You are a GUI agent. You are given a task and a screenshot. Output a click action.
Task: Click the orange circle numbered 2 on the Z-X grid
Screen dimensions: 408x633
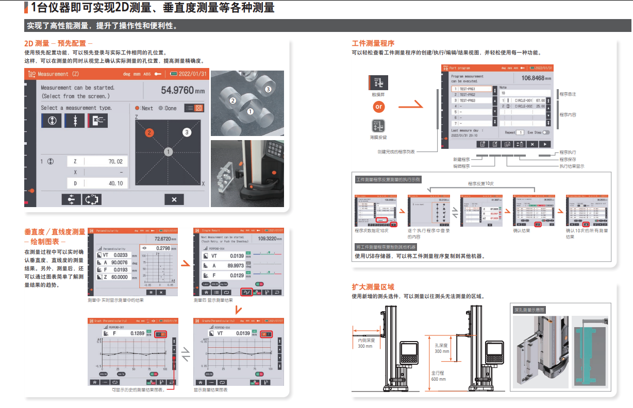pyautogui.click(x=149, y=133)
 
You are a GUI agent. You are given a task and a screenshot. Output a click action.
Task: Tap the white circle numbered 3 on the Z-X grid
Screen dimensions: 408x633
pyautogui.click(x=187, y=132)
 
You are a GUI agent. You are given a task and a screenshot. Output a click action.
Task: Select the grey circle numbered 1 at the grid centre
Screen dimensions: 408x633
pyautogui.click(x=168, y=151)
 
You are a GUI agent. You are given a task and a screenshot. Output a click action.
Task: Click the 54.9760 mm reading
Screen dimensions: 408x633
pyautogui.click(x=182, y=90)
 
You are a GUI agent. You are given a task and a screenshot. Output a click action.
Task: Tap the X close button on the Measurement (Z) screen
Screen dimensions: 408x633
pyautogui.click(x=174, y=200)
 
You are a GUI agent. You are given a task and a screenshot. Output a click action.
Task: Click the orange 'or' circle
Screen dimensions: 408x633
pyautogui.click(x=379, y=107)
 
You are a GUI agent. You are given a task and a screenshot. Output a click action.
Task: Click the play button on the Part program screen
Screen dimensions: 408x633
pyautogui.click(x=545, y=144)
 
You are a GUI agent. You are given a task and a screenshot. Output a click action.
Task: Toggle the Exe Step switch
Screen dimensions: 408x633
pyautogui.click(x=546, y=132)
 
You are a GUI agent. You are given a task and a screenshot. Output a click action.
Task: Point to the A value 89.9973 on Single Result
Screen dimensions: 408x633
pyautogui.click(x=235, y=266)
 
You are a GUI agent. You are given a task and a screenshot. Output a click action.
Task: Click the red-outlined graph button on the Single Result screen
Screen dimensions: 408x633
pyautogui.click(x=246, y=292)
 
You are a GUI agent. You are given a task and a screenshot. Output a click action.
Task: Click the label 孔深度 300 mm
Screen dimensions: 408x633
pyautogui.click(x=441, y=348)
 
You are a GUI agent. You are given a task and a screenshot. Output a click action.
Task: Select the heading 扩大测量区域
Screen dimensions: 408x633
pyautogui.click(x=373, y=287)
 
